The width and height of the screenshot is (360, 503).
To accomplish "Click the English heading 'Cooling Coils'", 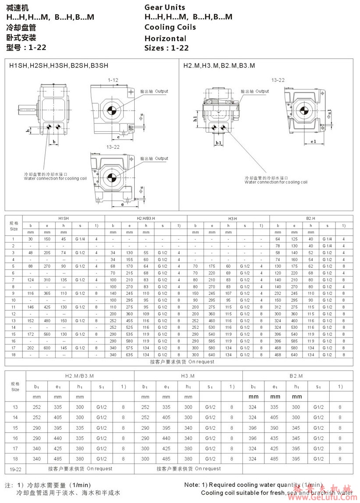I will (170, 27).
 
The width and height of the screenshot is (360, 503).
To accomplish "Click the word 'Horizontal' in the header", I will (165, 38).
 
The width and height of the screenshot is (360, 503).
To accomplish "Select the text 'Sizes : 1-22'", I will (167, 48).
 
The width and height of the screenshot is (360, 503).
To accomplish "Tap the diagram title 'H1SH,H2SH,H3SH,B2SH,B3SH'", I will (59, 66).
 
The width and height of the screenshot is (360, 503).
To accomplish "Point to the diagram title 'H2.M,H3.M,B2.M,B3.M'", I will (219, 66).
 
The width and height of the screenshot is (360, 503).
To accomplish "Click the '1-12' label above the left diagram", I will (113, 80).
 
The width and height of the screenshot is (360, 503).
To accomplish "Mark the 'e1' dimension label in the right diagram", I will (313, 142).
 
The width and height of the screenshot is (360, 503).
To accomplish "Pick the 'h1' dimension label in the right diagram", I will (195, 119).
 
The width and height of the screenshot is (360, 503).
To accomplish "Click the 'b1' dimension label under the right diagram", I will (218, 143).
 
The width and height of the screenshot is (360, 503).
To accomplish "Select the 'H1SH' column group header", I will (64, 218).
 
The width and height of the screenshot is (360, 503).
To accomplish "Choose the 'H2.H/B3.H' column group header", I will (146, 218).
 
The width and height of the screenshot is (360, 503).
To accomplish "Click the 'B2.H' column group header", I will (310, 218).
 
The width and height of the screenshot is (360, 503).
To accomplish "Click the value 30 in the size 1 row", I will (31, 239).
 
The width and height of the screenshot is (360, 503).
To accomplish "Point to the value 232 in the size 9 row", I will (278, 293).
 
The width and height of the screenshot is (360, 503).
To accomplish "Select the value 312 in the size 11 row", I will (278, 307).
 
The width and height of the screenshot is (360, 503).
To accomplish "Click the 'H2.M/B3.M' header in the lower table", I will (79, 376).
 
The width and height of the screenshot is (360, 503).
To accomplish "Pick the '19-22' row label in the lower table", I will (15, 469).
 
